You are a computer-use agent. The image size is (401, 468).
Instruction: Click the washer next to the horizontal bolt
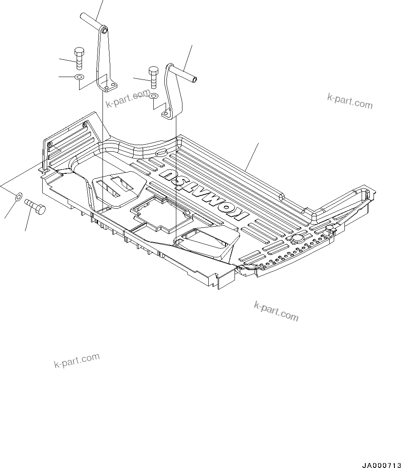point(18,197)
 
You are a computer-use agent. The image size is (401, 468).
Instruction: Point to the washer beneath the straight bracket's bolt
point(79,77)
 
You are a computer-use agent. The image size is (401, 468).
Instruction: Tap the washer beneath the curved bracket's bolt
point(154,96)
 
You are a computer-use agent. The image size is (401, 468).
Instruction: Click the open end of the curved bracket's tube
point(195,79)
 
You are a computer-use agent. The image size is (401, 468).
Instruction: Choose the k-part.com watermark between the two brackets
point(127,99)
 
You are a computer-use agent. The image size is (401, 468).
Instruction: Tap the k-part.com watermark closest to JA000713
point(276,311)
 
